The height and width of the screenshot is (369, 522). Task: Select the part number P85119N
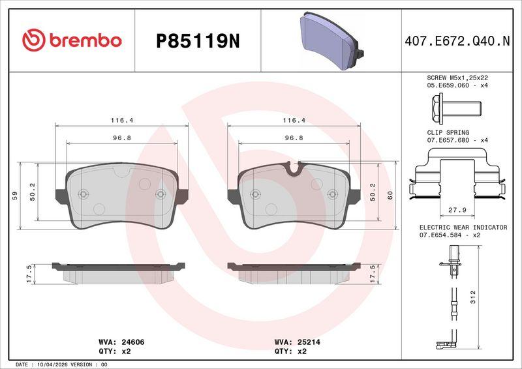198,42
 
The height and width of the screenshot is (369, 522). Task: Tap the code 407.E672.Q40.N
457,41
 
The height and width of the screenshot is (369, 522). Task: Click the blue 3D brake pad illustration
331,40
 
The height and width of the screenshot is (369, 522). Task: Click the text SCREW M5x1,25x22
457,78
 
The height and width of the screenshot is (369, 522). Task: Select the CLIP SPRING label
448,132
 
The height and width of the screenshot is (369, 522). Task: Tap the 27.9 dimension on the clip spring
457,211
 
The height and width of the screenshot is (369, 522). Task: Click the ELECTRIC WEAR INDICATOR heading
463,228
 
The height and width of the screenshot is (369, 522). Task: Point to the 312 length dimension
473,297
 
